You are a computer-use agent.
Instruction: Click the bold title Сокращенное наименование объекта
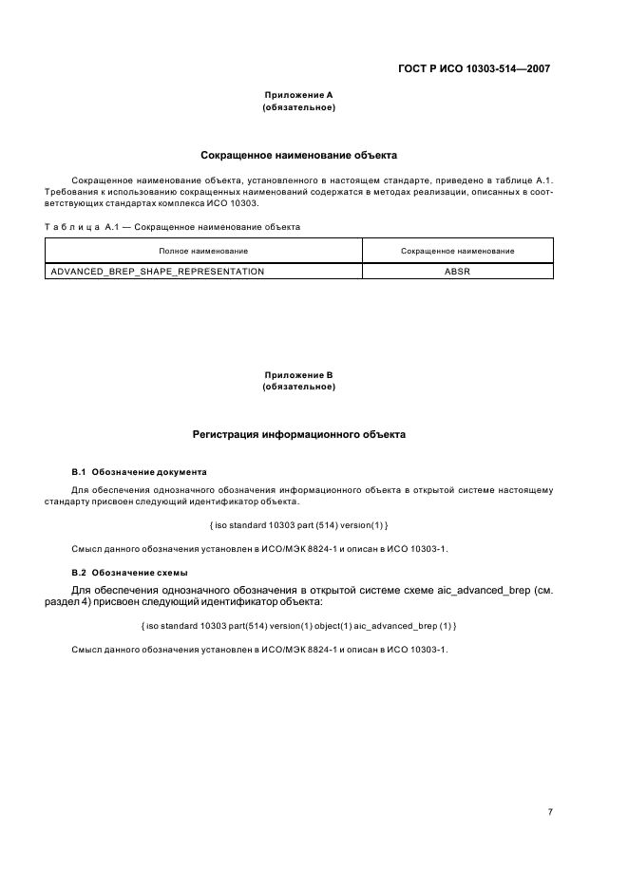click(x=298, y=154)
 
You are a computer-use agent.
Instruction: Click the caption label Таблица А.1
click(x=80, y=227)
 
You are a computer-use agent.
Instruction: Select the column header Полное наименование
click(x=203, y=251)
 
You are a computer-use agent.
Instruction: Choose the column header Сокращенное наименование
click(x=457, y=251)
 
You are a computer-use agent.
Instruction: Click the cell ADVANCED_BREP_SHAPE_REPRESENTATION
click(x=158, y=271)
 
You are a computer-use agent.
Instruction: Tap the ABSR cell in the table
click(x=457, y=271)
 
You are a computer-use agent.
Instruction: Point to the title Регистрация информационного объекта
click(x=298, y=434)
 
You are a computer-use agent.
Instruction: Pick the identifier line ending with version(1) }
click(x=298, y=525)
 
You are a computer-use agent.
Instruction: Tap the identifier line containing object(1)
click(x=298, y=625)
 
